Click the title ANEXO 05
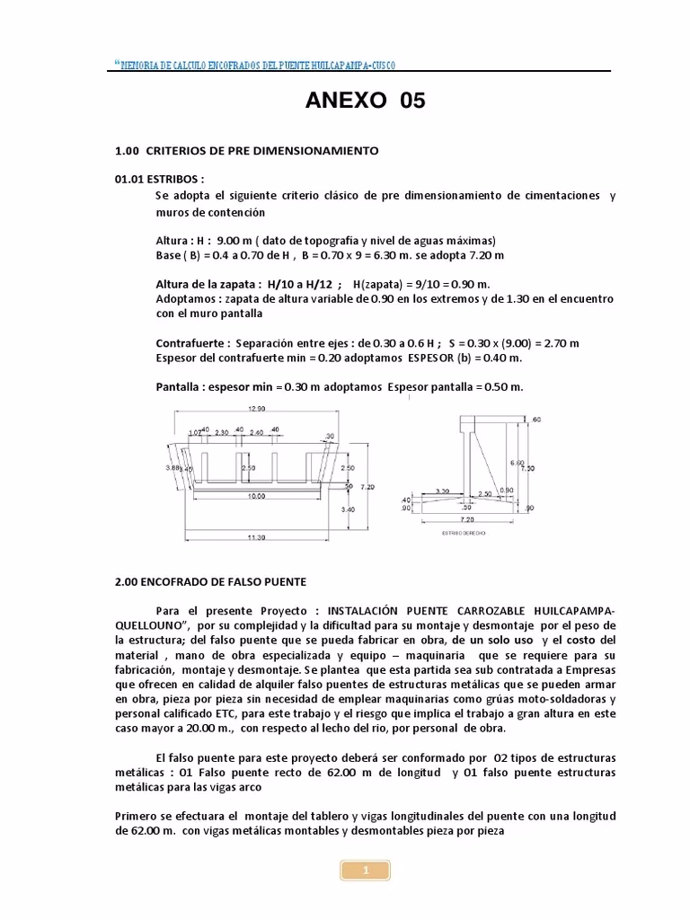pos(365,102)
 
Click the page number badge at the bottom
pos(366,870)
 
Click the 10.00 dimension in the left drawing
pos(257,495)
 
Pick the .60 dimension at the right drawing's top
pos(536,420)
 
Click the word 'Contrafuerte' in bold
pos(189,343)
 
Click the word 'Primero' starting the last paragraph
pos(137,816)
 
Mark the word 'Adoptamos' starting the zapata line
pos(185,299)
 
